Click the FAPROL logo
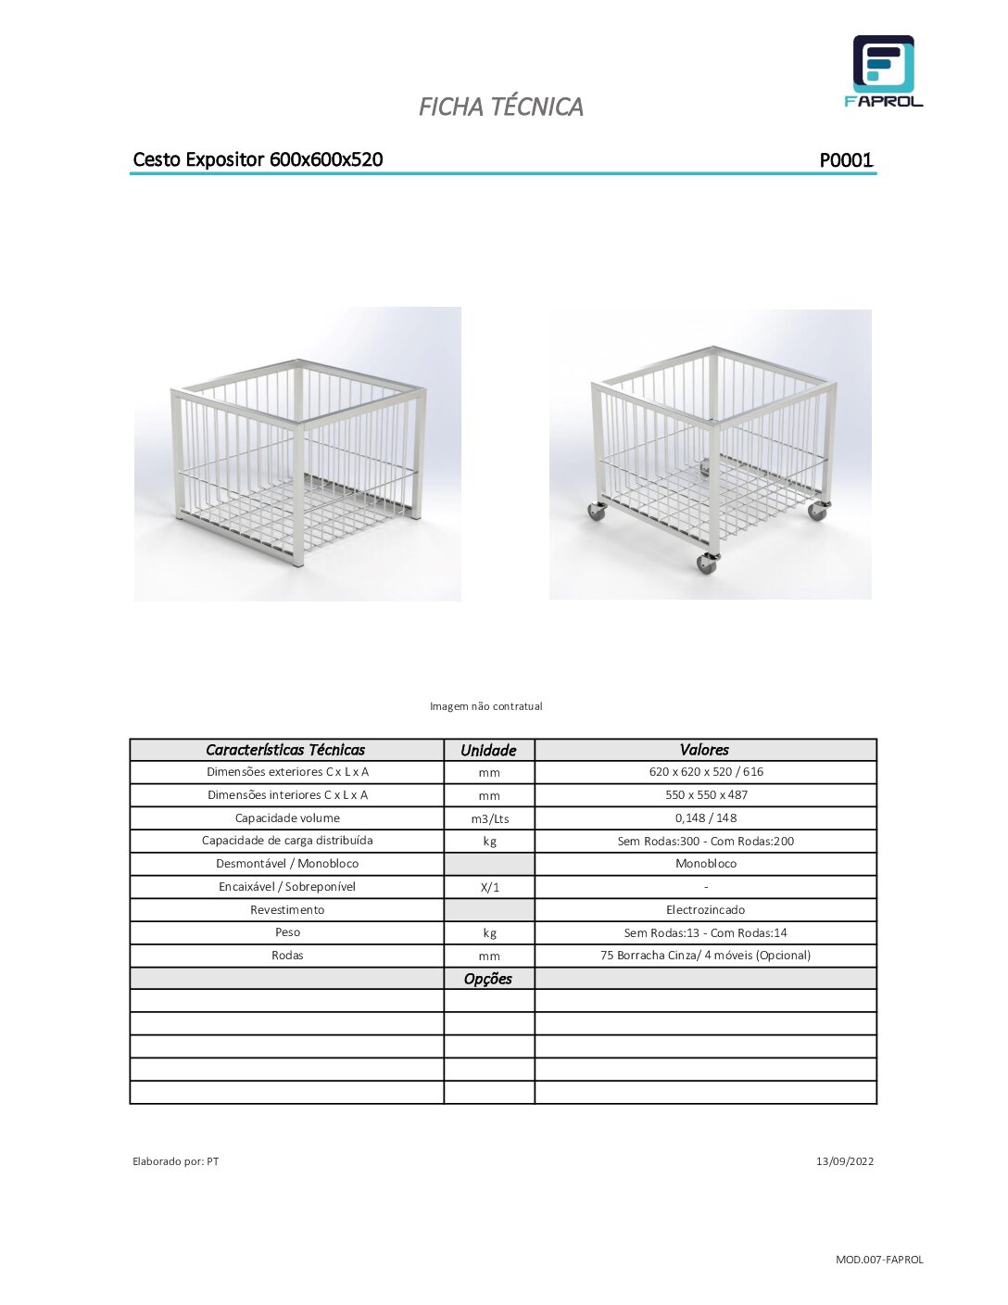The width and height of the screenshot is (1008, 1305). tap(883, 71)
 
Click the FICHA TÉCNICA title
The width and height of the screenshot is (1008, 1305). tap(500, 107)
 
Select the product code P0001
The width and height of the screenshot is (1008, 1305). tap(846, 160)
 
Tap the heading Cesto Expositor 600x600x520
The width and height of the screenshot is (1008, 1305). tap(258, 159)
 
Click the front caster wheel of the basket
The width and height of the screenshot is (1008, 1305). tap(707, 563)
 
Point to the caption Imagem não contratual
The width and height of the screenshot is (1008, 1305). tap(485, 706)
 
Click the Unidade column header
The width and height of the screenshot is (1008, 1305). tap(488, 750)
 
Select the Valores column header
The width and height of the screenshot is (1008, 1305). tap(704, 750)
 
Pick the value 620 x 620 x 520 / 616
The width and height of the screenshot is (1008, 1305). tap(706, 772)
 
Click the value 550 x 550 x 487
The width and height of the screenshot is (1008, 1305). tap(706, 795)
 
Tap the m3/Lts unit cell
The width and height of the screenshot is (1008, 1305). tap(489, 818)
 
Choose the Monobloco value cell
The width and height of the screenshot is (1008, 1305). tap(706, 864)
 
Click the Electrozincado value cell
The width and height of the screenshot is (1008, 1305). tap(705, 910)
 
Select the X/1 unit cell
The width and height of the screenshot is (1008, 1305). tap(489, 887)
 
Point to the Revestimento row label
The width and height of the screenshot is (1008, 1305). tap(287, 910)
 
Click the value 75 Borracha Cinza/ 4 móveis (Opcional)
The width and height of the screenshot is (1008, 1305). tap(705, 956)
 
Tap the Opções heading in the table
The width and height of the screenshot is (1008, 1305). tap(488, 979)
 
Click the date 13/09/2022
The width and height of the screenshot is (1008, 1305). tap(844, 1161)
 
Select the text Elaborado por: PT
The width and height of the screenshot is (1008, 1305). tap(176, 1161)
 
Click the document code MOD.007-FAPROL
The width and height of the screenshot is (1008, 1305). tap(879, 1260)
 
